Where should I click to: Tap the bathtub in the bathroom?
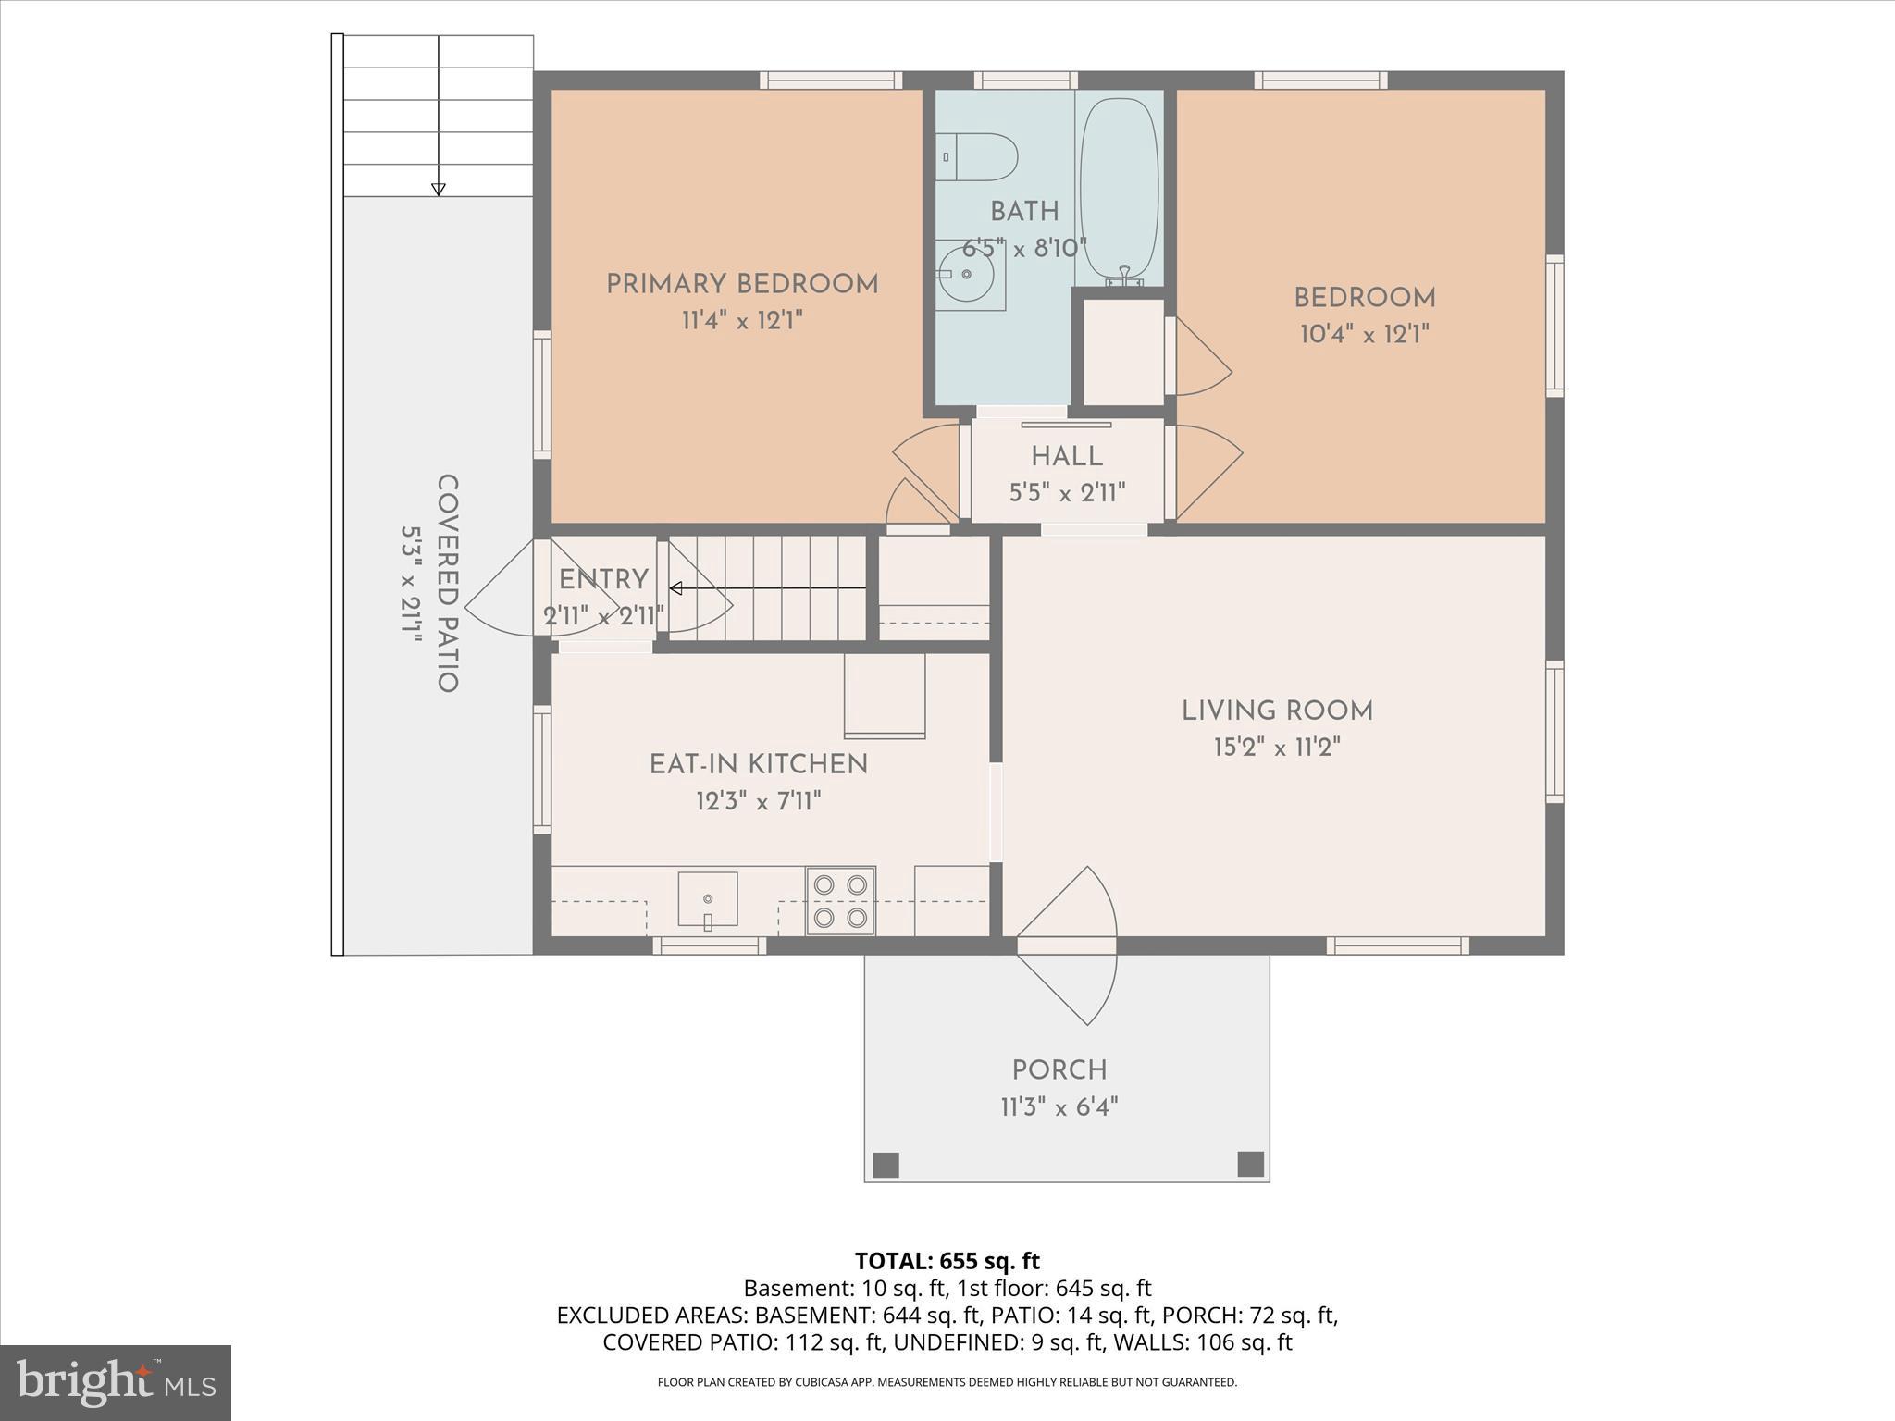tap(1119, 192)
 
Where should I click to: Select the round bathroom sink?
tap(965, 274)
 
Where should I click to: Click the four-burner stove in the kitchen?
tap(840, 901)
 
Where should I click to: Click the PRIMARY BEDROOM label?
tap(742, 284)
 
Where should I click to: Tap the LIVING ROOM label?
tap(1277, 710)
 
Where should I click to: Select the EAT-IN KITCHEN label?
tap(759, 764)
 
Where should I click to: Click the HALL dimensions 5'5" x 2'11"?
tap(1067, 493)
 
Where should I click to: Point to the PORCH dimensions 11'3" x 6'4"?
tap(1059, 1106)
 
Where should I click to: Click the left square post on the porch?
tap(886, 1164)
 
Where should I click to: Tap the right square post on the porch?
tap(1250, 1163)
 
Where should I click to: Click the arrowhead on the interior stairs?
tap(675, 588)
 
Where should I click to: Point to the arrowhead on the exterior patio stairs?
tap(439, 190)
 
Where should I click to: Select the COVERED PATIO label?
tap(448, 584)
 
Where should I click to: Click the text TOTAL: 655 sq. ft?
tap(947, 1261)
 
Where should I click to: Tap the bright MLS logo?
tap(117, 1382)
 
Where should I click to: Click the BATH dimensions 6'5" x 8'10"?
tap(1024, 249)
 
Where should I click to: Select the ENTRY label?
tap(603, 580)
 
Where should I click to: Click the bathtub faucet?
tap(1125, 276)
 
